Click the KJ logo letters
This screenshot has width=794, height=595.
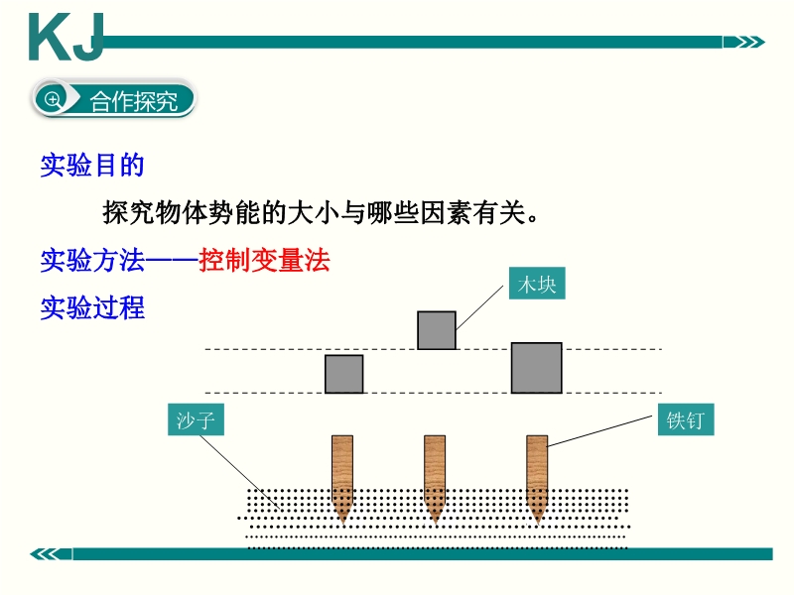pyautogui.click(x=66, y=38)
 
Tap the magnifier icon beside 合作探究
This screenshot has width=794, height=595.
pyautogui.click(x=53, y=99)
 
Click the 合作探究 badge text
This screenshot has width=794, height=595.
pyautogui.click(x=134, y=102)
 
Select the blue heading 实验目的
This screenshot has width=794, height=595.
pyautogui.click(x=92, y=166)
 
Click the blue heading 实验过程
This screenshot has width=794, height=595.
pyautogui.click(x=92, y=307)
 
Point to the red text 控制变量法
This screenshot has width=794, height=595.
pyautogui.click(x=264, y=261)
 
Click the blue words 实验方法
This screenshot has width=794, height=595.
pyautogui.click(x=92, y=261)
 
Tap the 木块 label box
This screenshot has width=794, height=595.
pyautogui.click(x=537, y=284)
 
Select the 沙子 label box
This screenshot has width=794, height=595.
pyautogui.click(x=196, y=419)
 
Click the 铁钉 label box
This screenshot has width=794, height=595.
pyautogui.click(x=686, y=419)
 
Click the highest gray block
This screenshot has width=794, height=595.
pyautogui.click(x=437, y=330)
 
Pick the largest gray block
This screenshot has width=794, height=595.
pyautogui.click(x=536, y=368)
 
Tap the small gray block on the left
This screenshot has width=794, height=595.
pyautogui.click(x=343, y=374)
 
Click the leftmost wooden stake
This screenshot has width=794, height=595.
pyautogui.click(x=342, y=478)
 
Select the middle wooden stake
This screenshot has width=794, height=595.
pyautogui.click(x=435, y=478)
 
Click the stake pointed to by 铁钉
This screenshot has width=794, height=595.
pyautogui.click(x=537, y=478)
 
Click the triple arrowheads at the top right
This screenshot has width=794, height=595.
pyautogui.click(x=744, y=42)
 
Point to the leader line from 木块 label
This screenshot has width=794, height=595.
pyautogui.click(x=479, y=307)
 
